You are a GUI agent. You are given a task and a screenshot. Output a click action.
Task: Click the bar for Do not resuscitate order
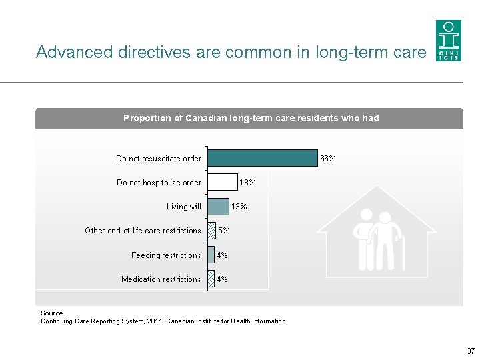click(x=263, y=158)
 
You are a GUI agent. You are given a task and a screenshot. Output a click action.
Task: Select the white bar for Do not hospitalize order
click(x=222, y=182)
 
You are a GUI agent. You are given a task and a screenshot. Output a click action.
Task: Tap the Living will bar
click(x=218, y=207)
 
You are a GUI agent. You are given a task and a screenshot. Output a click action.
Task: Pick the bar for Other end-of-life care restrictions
click(x=212, y=231)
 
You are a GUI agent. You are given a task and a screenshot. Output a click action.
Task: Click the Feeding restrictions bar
click(x=211, y=255)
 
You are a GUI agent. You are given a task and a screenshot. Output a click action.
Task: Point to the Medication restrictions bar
click(x=211, y=279)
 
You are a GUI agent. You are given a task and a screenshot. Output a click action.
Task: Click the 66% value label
click(x=327, y=159)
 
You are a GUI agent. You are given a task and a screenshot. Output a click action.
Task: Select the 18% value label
click(x=247, y=183)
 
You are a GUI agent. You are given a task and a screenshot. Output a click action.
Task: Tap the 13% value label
click(x=239, y=207)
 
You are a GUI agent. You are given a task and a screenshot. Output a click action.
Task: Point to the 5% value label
click(x=224, y=231)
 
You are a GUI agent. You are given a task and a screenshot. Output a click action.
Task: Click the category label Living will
click(x=183, y=207)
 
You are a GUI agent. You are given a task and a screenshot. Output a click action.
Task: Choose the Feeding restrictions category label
click(x=166, y=255)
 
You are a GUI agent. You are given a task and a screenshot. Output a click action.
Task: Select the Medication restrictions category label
click(x=161, y=279)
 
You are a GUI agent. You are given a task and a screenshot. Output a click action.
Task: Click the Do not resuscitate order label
click(x=158, y=159)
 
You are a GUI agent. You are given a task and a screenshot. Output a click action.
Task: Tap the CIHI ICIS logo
click(x=448, y=41)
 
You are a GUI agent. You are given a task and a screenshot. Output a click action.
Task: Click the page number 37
click(x=471, y=351)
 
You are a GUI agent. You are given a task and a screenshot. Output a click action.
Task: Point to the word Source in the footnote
click(x=52, y=313)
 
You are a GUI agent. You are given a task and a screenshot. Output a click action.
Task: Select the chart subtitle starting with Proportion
click(x=251, y=118)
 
